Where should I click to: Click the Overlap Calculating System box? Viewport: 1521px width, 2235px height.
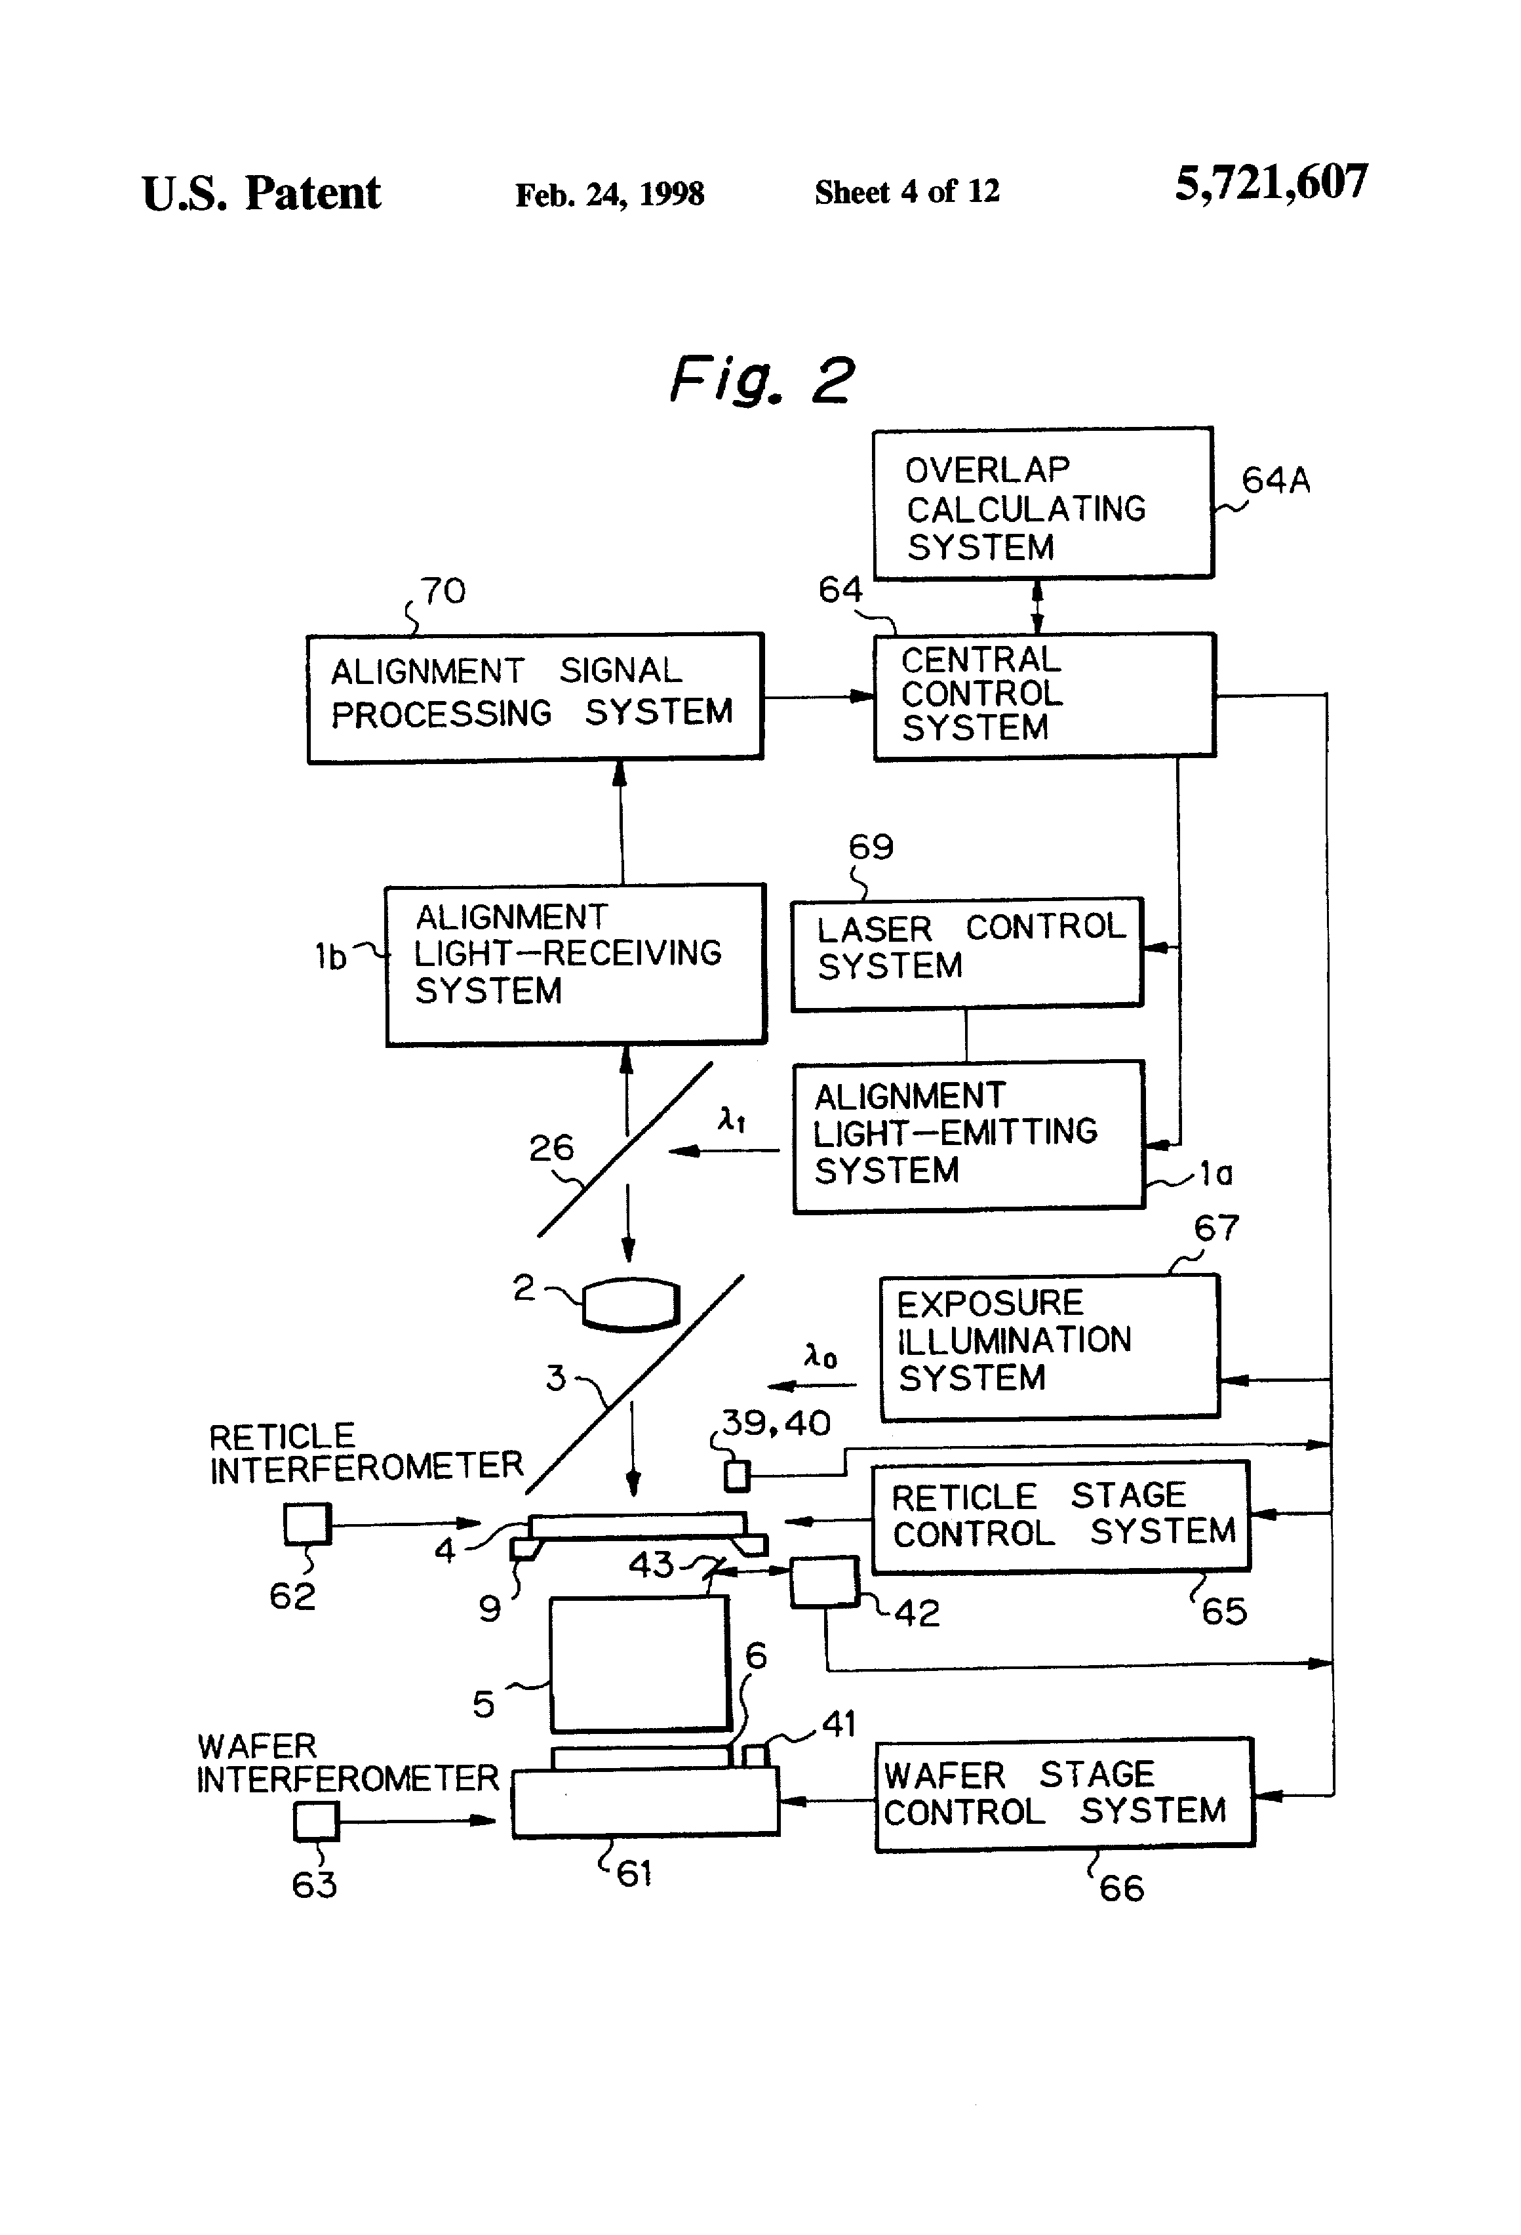(1042, 503)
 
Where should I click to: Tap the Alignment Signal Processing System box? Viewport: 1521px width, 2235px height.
(534, 697)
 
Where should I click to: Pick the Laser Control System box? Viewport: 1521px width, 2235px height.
(966, 952)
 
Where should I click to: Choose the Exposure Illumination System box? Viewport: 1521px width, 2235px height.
(1049, 1346)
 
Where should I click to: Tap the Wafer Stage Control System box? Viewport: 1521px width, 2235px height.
(1064, 1794)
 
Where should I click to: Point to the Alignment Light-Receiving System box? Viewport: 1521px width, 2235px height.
(575, 963)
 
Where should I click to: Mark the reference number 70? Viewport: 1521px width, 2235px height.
(443, 590)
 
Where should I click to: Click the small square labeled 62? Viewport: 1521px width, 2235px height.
(307, 1524)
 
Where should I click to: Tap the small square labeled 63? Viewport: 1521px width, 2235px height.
(316, 1821)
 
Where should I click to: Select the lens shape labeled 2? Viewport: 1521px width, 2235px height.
(631, 1304)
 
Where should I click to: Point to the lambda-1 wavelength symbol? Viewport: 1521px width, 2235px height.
(732, 1119)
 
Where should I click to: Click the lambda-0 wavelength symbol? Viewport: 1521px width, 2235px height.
(820, 1357)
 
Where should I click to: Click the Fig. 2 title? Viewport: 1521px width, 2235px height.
(760, 379)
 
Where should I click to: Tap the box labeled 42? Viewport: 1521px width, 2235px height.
(824, 1582)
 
